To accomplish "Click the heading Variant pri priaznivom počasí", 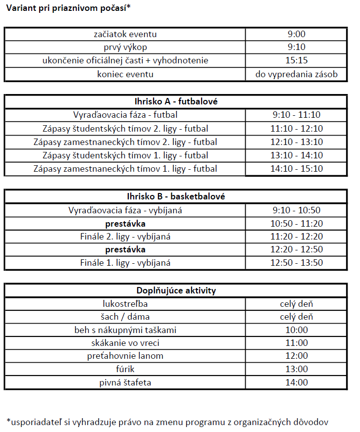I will point(68,9).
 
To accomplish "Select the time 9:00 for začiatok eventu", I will point(297,35).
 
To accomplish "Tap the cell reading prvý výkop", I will point(125,48).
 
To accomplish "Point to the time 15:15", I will point(297,61).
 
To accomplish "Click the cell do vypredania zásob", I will point(297,74).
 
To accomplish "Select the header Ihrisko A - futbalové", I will point(176,101).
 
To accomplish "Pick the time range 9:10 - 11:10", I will point(297,115).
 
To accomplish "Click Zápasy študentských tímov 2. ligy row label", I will point(125,129).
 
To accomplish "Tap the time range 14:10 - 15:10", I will point(297,169).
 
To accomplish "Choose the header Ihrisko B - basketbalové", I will point(176,196).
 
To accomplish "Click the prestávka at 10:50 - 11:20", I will point(125,223).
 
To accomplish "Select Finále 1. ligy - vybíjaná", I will point(125,263).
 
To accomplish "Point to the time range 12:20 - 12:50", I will point(297,249).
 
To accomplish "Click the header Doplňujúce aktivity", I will point(176,290).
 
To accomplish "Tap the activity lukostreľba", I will point(125,304).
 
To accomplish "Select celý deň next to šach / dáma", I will point(297,317).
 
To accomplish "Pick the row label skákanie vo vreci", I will point(125,343).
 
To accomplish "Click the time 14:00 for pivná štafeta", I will point(297,382).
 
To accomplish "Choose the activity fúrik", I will point(125,369).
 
